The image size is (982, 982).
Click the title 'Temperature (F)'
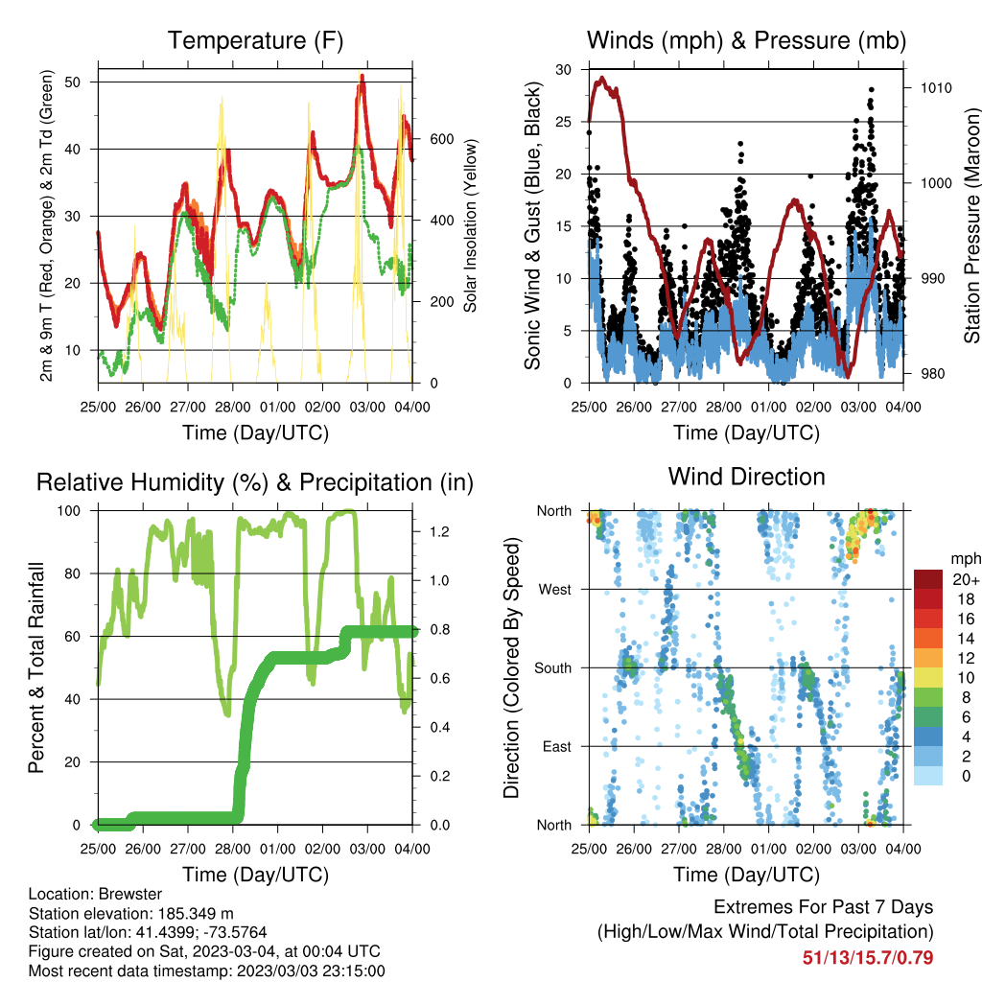[x=255, y=40]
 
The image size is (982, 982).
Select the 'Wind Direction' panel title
[x=746, y=477]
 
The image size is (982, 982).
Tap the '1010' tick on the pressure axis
[x=936, y=87]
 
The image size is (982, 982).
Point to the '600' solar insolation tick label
[x=441, y=139]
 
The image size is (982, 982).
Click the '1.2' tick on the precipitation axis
[x=439, y=531]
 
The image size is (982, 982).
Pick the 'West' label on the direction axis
[x=555, y=590]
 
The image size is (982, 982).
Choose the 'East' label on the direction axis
[x=557, y=746]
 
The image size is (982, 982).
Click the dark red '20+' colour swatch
[x=928, y=579]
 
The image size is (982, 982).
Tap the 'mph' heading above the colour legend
[x=965, y=559]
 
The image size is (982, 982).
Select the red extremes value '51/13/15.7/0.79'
[x=868, y=958]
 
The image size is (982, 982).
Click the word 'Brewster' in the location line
[x=130, y=894]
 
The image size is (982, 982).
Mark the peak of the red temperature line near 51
[x=362, y=77]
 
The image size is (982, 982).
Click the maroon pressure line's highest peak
[x=602, y=79]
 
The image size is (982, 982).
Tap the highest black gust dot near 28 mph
[x=871, y=90]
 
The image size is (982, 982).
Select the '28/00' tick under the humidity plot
[x=232, y=850]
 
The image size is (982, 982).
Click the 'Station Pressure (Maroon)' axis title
[x=971, y=225]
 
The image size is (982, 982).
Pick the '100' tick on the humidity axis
[x=69, y=511]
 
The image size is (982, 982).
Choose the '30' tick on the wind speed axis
[x=564, y=69]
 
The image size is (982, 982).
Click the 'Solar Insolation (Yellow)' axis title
[x=470, y=225]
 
